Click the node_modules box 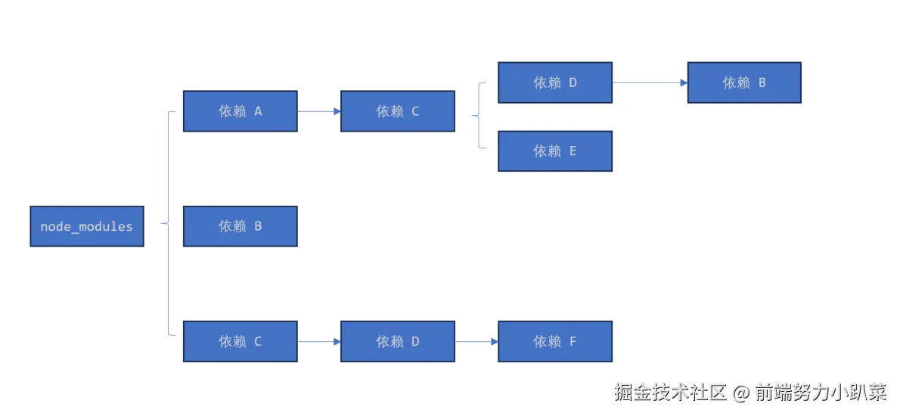click(x=87, y=226)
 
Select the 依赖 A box click(x=241, y=111)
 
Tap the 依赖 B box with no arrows click(x=241, y=226)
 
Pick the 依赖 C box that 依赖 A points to click(x=398, y=111)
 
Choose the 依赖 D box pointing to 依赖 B click(x=555, y=82)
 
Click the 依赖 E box click(x=555, y=151)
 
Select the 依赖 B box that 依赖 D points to click(x=744, y=82)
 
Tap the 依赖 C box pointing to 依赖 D click(x=241, y=341)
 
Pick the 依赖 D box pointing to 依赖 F click(x=398, y=341)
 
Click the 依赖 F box click(x=555, y=341)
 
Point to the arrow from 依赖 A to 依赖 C click(x=319, y=111)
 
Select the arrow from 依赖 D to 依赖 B click(x=650, y=82)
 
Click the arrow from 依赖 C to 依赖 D click(x=319, y=341)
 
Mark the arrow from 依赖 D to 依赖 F click(x=476, y=341)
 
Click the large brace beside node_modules click(x=168, y=223)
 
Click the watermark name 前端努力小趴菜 click(x=820, y=393)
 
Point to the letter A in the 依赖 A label click(x=258, y=111)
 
